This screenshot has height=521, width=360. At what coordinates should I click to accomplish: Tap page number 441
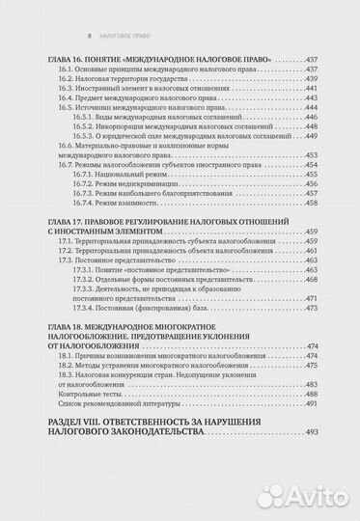click(x=311, y=94)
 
